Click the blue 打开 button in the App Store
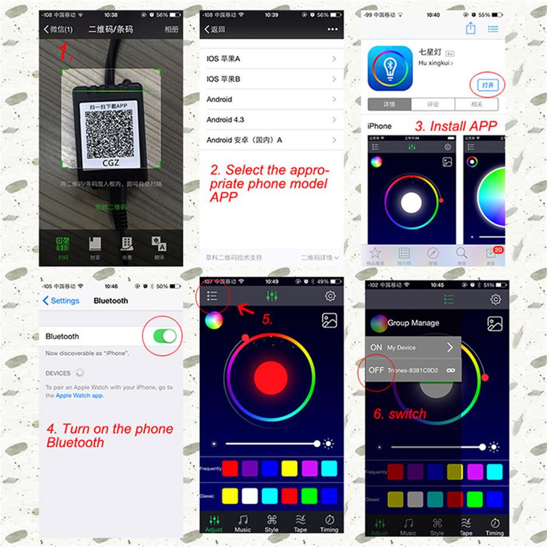coord(487,85)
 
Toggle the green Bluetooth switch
coord(164,336)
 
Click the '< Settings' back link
coord(61,301)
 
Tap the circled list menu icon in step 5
coord(212,296)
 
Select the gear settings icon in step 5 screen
coord(330,296)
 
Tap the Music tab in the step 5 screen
coord(243,523)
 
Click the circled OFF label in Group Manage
coord(376,370)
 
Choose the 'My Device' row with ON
coord(413,348)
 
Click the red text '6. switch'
coord(399,414)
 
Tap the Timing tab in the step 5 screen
coord(329,523)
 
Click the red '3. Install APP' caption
coord(456,126)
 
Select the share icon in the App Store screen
coord(470,29)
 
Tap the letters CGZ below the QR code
coord(111,162)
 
